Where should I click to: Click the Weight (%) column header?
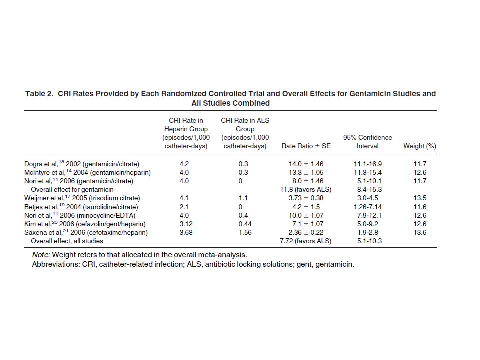(419, 146)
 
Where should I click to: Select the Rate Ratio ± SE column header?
(306, 146)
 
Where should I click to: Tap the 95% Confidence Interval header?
(367, 142)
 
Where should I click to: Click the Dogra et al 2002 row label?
(81, 164)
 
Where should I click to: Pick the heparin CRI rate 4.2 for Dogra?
(184, 164)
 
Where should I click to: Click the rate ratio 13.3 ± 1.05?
(306, 172)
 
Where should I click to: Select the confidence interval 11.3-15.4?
(367, 172)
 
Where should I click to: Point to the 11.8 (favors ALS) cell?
(306, 190)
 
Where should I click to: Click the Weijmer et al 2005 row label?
(82, 198)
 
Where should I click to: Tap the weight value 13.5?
(420, 198)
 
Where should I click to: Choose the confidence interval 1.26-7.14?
(367, 207)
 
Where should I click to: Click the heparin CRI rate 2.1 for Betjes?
(184, 207)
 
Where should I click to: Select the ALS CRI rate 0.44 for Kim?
(245, 224)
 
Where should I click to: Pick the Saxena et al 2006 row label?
(86, 232)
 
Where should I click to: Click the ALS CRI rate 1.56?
(245, 233)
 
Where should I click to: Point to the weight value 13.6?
(420, 233)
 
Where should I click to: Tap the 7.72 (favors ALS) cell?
(306, 241)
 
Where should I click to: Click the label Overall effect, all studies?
(67, 241)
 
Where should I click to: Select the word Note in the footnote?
(41, 255)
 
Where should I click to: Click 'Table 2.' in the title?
(39, 93)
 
